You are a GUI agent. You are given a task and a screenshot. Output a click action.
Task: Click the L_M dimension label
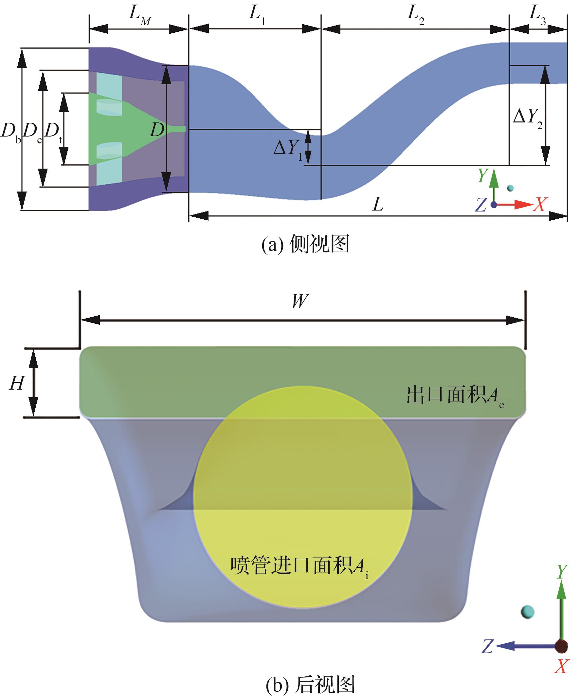[139, 16]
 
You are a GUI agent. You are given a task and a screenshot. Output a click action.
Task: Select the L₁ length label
[257, 15]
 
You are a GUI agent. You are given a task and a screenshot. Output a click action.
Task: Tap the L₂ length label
[416, 15]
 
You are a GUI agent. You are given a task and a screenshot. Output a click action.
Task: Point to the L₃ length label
[537, 15]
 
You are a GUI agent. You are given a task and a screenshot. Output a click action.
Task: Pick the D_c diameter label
[32, 132]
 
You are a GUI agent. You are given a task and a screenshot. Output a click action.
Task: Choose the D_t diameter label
[53, 132]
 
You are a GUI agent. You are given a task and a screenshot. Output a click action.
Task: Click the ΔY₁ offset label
[288, 148]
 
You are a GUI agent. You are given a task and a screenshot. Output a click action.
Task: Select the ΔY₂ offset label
[528, 118]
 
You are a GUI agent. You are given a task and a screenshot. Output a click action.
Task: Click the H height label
[17, 383]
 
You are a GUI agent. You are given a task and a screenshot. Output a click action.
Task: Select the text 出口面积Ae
[455, 396]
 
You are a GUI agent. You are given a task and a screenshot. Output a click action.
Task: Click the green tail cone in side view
[140, 128]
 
